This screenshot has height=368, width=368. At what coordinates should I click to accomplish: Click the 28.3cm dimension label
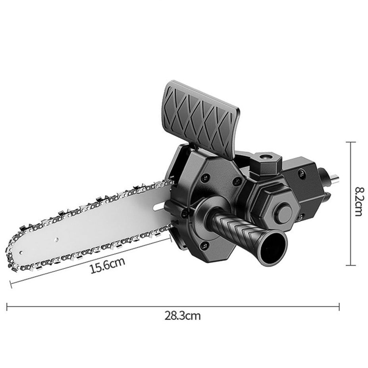pos(183,316)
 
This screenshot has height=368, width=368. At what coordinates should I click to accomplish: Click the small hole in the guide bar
pos(56,239)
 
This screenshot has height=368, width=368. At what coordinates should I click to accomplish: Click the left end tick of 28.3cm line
pos(7,306)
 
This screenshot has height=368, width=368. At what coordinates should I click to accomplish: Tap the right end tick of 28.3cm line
pos(339,306)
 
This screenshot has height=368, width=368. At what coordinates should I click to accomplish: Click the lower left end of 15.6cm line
pos(11,283)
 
